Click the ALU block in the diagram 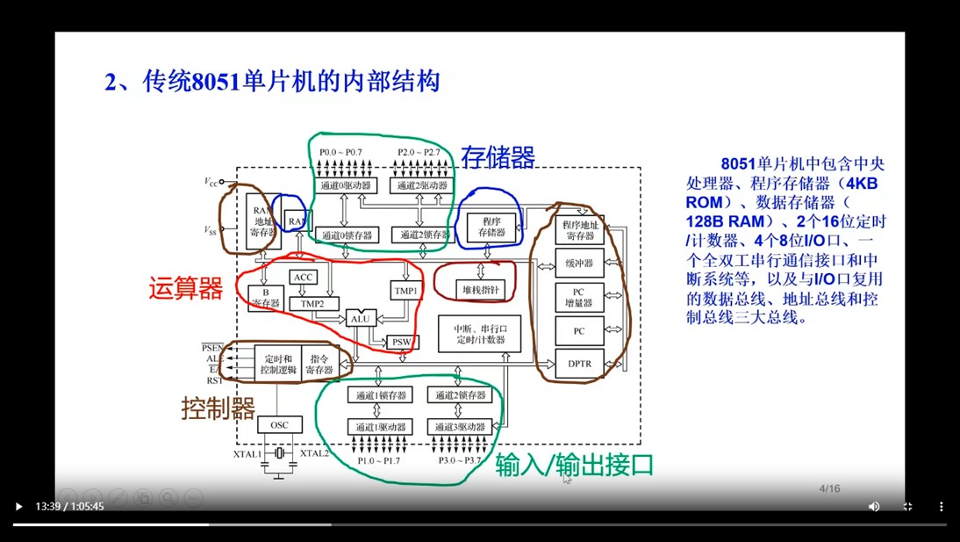click(x=361, y=319)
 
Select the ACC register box click(x=303, y=278)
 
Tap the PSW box click(x=401, y=342)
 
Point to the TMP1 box click(x=405, y=291)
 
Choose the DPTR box click(x=579, y=363)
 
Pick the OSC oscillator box click(x=279, y=425)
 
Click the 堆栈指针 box click(x=481, y=289)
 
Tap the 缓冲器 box click(x=579, y=263)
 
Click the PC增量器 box click(x=579, y=298)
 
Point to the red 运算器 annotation click(x=185, y=289)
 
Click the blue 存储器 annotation click(x=498, y=157)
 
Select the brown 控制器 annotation click(x=219, y=408)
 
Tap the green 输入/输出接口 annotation click(x=575, y=465)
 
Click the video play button click(x=18, y=507)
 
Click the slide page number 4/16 click(x=829, y=488)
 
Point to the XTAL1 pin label click(x=247, y=454)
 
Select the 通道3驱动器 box click(x=459, y=426)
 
